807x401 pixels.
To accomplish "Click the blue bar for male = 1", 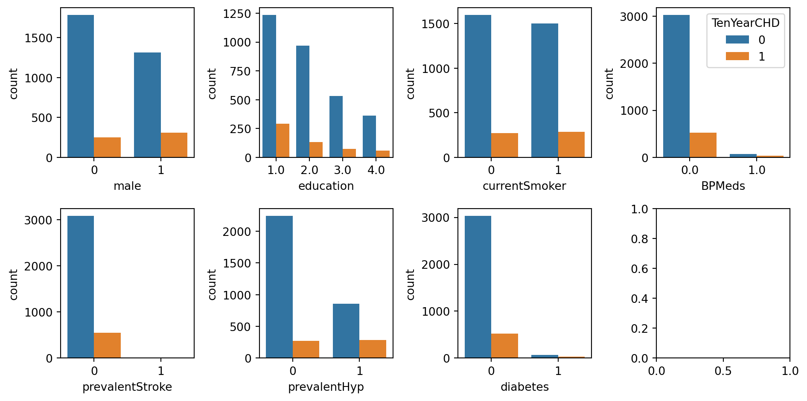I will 147,105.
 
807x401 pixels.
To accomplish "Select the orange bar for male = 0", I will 107,147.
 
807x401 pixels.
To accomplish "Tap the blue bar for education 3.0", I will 336,127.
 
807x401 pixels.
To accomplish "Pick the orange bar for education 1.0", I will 283,140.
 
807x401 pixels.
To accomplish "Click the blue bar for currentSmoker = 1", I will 545,90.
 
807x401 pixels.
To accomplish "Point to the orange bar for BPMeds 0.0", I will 703,145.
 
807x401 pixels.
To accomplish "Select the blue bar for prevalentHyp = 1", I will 346,331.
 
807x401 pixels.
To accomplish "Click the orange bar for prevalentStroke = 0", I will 107,345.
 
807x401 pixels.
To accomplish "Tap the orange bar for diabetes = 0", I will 504,346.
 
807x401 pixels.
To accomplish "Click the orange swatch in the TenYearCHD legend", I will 737,56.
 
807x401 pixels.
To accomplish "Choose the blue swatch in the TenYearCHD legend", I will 737,40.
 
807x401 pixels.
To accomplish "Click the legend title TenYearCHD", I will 745,23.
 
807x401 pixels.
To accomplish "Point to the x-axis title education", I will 326,186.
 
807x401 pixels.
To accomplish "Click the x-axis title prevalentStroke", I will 127,387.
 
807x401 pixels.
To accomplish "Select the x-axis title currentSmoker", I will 524,186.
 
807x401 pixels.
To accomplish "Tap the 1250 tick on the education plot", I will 237,14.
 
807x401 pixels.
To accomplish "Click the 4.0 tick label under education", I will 376,170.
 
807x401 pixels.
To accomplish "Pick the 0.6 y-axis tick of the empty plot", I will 639,269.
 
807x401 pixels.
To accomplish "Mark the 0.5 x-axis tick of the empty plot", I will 723,371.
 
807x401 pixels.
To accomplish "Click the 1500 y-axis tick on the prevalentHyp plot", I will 237,263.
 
